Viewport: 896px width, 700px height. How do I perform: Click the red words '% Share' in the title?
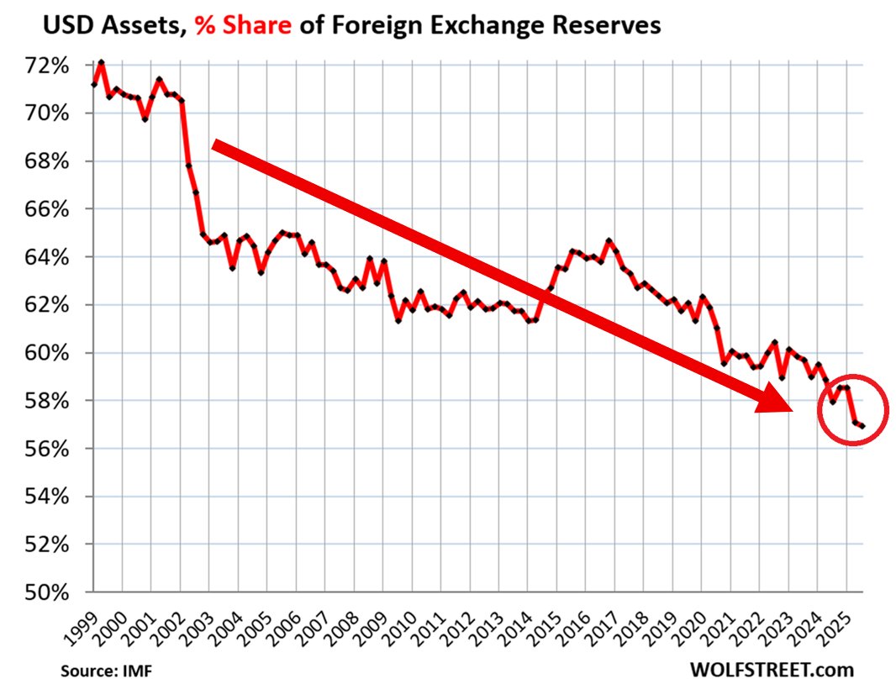[x=243, y=26]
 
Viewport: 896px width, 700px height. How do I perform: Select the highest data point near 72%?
[x=101, y=62]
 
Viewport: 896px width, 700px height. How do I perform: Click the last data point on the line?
[x=863, y=427]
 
